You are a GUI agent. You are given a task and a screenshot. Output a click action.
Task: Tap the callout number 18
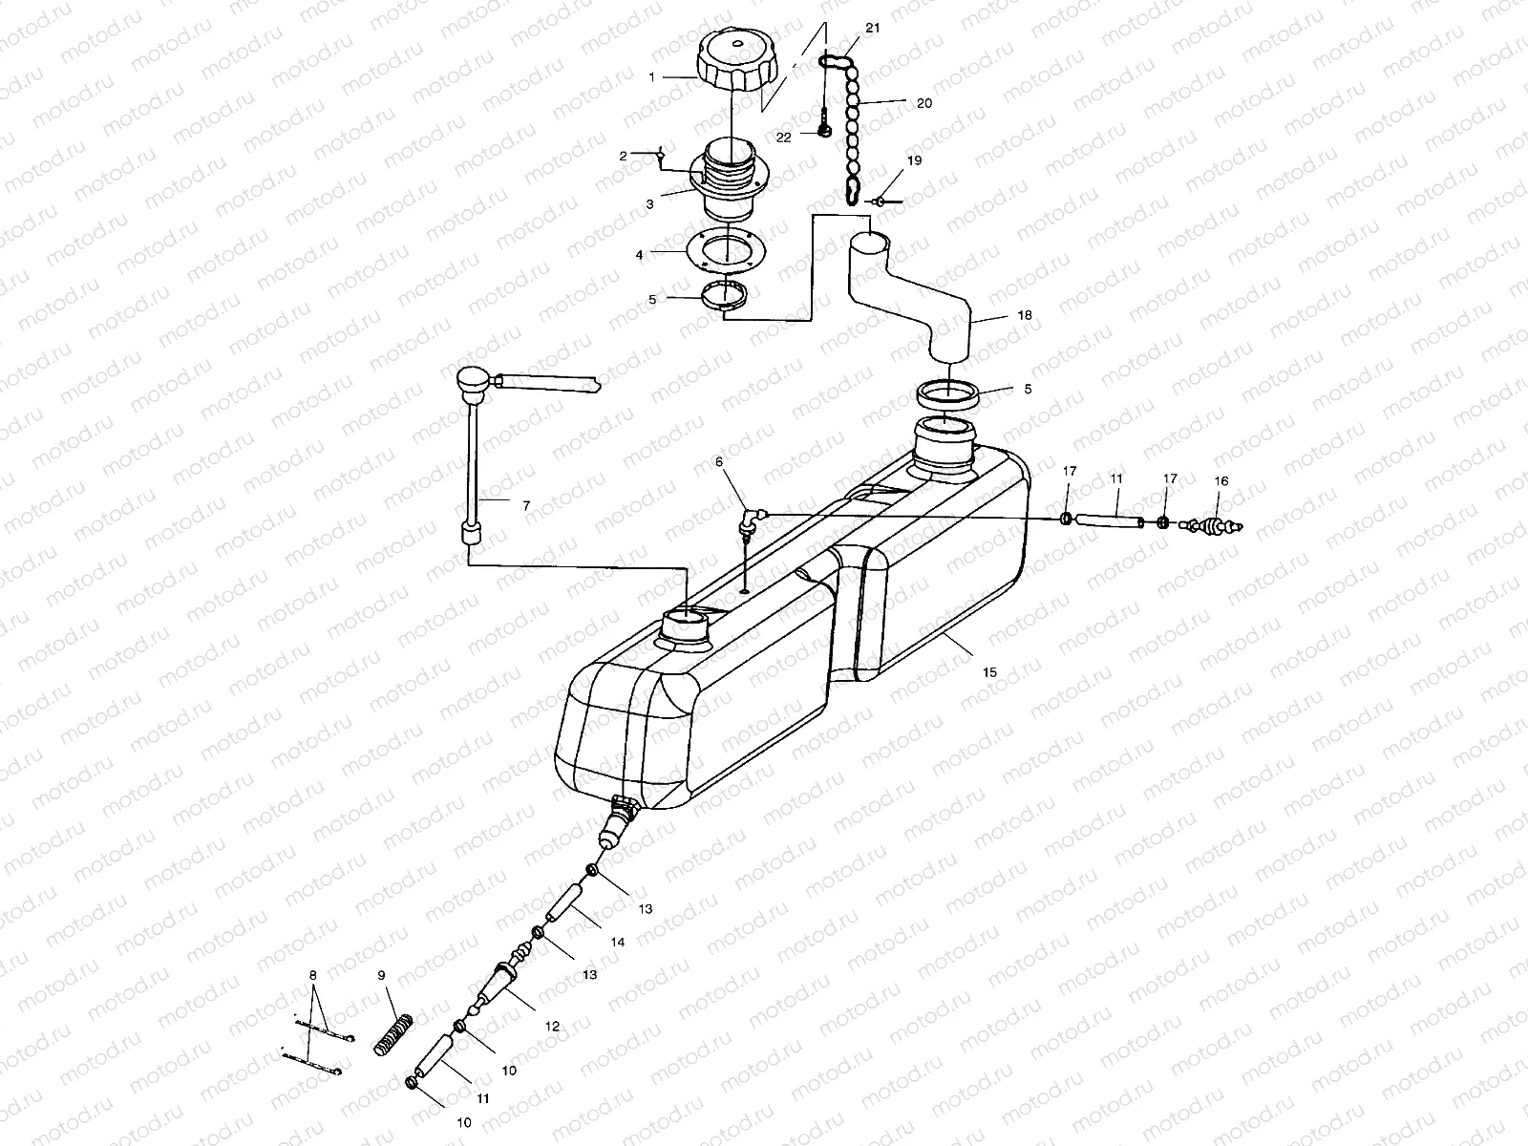[x=997, y=314]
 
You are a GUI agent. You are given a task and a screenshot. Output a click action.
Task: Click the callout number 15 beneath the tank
[x=989, y=672]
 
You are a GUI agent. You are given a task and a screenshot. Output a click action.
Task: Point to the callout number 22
[x=784, y=138]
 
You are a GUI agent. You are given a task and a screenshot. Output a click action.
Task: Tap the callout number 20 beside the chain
[x=923, y=103]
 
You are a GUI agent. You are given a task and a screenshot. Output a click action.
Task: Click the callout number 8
[x=311, y=975]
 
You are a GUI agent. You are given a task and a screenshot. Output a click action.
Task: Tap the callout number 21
[x=872, y=30]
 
